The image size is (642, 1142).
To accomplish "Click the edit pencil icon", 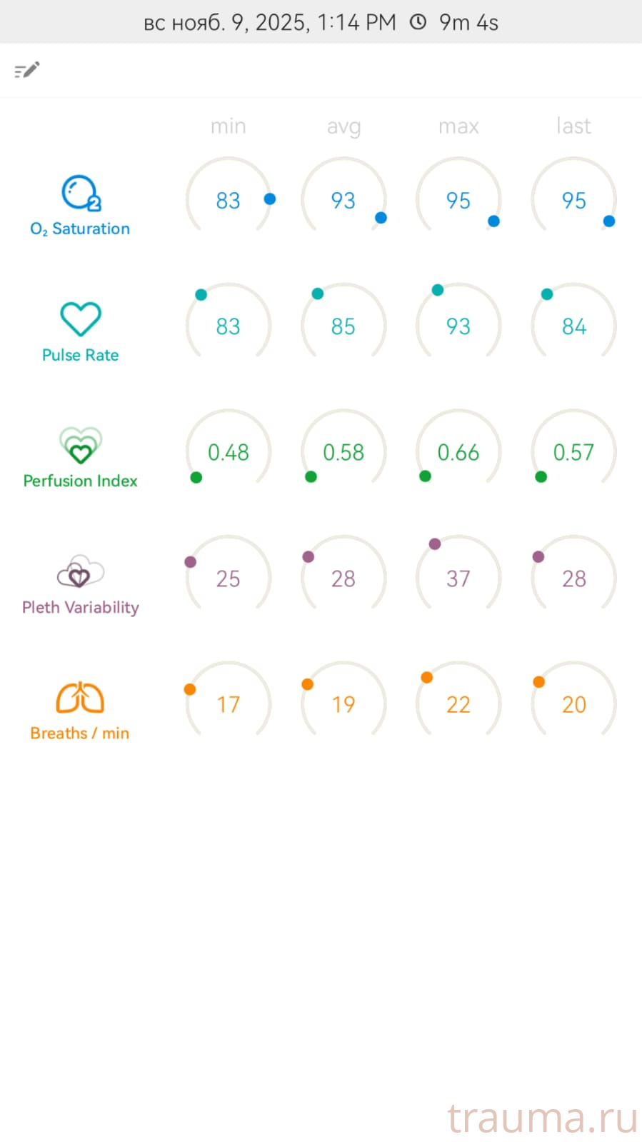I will [x=27, y=70].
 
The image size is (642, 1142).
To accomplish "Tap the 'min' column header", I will [x=229, y=126].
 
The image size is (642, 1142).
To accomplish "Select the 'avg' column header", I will [x=343, y=126].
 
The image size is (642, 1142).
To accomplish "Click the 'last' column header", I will [x=573, y=126].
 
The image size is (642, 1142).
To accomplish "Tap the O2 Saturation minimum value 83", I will [x=229, y=201].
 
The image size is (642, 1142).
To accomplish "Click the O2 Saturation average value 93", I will [x=343, y=201].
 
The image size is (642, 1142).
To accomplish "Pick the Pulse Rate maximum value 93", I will [x=458, y=326].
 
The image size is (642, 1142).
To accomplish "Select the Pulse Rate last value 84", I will [x=573, y=326].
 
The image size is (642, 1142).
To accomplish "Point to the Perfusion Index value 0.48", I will [x=229, y=452].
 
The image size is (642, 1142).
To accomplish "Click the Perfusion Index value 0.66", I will [x=458, y=452].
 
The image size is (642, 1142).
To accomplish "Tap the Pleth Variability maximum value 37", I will [x=458, y=578].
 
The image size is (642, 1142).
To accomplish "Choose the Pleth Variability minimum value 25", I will [x=229, y=578].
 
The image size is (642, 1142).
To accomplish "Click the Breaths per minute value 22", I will [x=458, y=705].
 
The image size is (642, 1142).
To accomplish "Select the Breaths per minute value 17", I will [x=229, y=705].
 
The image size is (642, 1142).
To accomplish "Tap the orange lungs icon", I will [x=80, y=698].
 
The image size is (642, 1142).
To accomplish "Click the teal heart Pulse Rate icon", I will [x=80, y=319].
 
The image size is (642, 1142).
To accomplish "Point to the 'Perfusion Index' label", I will [x=80, y=481].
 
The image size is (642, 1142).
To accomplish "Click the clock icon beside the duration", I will [x=418, y=22].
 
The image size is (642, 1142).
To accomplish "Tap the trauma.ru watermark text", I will [x=542, y=1118].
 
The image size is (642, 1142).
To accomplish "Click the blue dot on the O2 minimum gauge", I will [x=270, y=199].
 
